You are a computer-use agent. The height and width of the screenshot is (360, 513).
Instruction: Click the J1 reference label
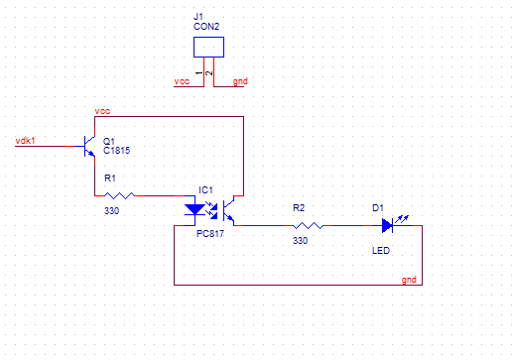[x=198, y=16]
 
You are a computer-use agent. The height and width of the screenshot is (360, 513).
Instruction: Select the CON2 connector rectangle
[x=208, y=47]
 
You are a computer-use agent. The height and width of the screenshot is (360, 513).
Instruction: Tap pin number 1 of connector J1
[x=198, y=73]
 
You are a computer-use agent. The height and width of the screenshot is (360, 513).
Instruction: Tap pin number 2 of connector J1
[x=209, y=73]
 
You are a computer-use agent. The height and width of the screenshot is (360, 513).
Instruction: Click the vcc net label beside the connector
[x=182, y=81]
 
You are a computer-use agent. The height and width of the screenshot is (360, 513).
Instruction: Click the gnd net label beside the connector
[x=240, y=81]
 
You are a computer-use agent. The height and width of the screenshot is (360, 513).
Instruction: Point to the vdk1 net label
[x=25, y=141]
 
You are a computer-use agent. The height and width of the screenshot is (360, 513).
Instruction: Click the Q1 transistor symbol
[x=88, y=146]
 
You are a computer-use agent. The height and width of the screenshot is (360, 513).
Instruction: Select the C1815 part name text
[x=117, y=151]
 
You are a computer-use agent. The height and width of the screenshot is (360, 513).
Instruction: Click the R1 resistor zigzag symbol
[x=119, y=195]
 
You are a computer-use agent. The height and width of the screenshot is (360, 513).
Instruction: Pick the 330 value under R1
[x=111, y=211]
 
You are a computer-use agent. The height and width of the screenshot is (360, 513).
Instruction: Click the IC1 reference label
[x=205, y=190]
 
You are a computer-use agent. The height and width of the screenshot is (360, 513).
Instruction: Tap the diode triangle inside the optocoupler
[x=194, y=209]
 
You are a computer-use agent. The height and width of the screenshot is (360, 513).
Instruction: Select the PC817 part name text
[x=210, y=234]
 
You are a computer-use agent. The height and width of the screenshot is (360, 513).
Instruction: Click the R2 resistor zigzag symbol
[x=308, y=225]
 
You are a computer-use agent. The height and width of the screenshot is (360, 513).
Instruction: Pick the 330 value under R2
[x=300, y=241]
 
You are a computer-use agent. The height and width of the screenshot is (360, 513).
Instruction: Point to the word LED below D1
[x=381, y=251]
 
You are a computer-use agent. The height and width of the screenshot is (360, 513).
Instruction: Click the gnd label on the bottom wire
[x=409, y=280]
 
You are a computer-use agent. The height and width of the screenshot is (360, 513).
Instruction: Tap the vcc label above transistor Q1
[x=102, y=111]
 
